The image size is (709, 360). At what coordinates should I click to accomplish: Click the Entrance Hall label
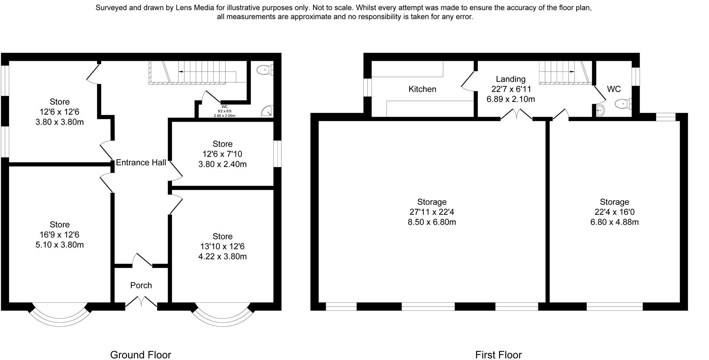141,162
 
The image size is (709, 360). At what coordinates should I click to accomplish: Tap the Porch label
141,285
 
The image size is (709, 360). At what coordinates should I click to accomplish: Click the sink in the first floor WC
600,110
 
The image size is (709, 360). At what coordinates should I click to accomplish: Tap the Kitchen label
422,89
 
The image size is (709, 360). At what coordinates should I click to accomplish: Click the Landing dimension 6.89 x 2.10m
511,99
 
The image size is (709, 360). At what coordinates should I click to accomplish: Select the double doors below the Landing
516,115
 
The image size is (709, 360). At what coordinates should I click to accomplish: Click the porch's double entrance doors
141,302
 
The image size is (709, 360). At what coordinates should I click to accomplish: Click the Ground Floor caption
141,355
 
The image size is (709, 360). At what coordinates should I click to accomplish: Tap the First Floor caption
498,355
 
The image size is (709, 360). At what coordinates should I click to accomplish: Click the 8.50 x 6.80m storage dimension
432,222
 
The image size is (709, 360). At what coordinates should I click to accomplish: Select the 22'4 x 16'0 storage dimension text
614,212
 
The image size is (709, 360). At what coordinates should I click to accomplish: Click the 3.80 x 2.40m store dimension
222,164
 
